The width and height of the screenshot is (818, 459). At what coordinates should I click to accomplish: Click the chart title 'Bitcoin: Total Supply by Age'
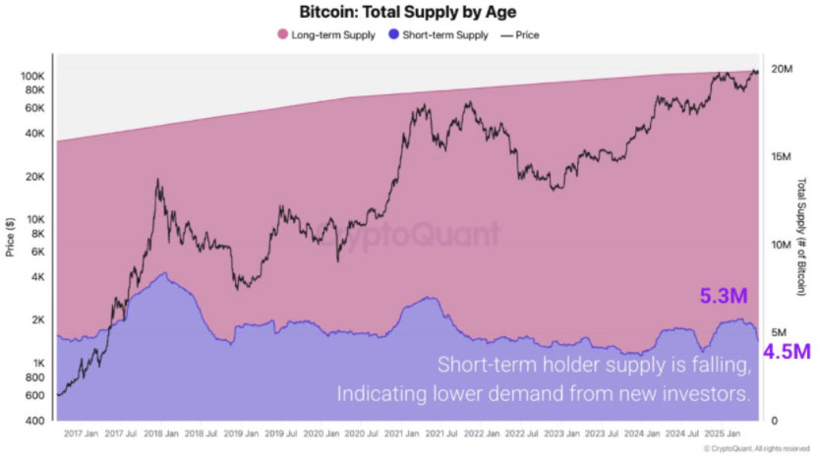(408, 12)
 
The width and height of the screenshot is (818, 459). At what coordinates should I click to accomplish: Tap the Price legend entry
(521, 35)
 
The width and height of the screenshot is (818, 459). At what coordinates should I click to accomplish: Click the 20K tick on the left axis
(36, 177)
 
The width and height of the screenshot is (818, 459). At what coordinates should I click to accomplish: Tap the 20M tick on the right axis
(782, 69)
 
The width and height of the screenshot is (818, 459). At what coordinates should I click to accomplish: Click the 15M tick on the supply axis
(782, 156)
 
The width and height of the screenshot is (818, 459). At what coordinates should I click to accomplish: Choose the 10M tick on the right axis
(782, 245)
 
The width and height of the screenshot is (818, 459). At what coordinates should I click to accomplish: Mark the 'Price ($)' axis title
(10, 237)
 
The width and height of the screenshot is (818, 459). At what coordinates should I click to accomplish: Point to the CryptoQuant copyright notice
(757, 449)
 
